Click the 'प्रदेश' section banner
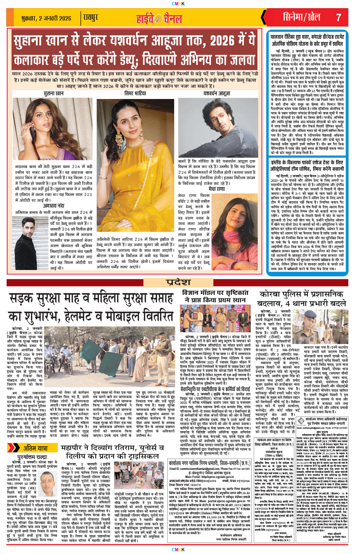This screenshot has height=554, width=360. [x=180, y=282]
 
